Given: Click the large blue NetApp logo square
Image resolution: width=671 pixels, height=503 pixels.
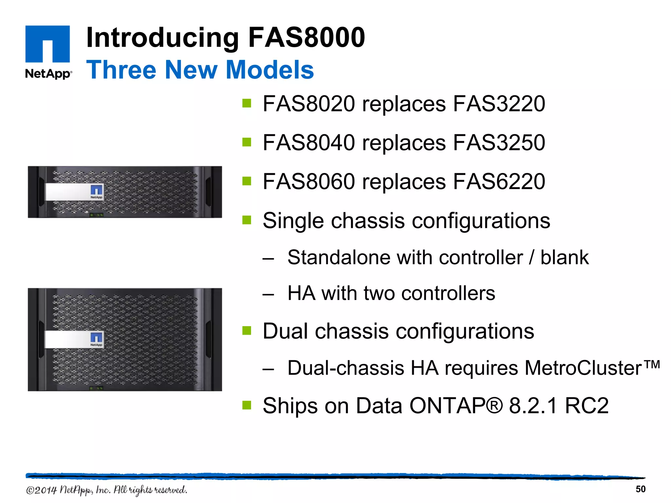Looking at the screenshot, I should (48, 44).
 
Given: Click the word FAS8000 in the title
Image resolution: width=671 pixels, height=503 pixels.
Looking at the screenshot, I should (306, 37).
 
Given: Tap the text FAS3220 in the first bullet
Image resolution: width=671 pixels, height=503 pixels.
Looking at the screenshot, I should (499, 104).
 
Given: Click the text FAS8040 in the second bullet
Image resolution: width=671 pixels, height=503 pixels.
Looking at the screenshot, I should (309, 143).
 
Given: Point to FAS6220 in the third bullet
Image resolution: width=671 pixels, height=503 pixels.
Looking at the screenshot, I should (499, 181).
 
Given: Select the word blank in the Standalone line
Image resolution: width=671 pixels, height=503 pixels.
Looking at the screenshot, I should (564, 257).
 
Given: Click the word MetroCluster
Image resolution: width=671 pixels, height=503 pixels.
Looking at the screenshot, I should (583, 368).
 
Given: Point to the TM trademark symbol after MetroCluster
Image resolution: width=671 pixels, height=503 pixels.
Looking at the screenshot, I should (652, 364).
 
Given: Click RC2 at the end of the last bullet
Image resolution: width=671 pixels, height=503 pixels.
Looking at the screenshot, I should (586, 406).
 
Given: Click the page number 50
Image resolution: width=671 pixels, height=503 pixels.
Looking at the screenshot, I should (640, 489).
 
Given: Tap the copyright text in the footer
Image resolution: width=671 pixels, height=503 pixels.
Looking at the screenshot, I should (106, 490).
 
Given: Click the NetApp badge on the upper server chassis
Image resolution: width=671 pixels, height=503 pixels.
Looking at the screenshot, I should (97, 192).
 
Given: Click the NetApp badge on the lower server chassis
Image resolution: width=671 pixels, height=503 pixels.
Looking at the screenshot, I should (97, 339).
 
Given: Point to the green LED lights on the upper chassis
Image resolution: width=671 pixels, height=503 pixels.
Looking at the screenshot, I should (97, 215).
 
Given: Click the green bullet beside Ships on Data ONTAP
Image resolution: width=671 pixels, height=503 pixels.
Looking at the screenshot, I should (246, 405).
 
